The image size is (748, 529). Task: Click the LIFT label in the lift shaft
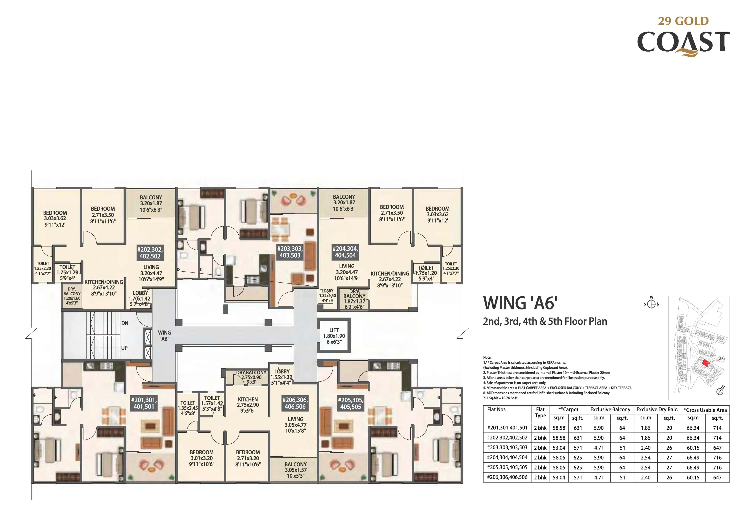334,330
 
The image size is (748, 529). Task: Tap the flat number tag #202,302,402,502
150,253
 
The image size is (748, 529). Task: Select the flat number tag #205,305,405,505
351,403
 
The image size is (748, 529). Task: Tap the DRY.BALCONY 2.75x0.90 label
251,377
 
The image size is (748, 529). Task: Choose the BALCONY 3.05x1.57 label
295,470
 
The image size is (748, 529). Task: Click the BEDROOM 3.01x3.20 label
202,458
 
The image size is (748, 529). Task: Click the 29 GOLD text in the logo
683,21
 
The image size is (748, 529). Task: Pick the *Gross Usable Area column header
705,410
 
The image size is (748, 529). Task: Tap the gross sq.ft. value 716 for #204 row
717,458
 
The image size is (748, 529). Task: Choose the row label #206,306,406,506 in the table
507,477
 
